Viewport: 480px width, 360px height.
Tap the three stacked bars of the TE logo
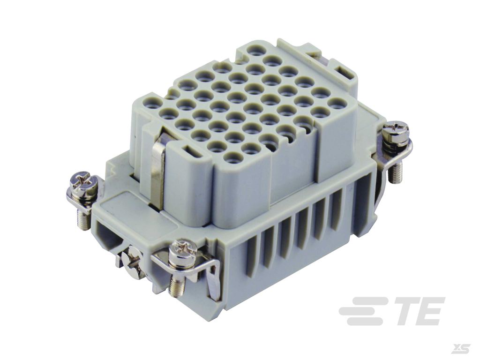coord(363,312)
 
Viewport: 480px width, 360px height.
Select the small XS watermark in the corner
coord(462,348)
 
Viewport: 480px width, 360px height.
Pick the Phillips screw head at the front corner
coord(185,248)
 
